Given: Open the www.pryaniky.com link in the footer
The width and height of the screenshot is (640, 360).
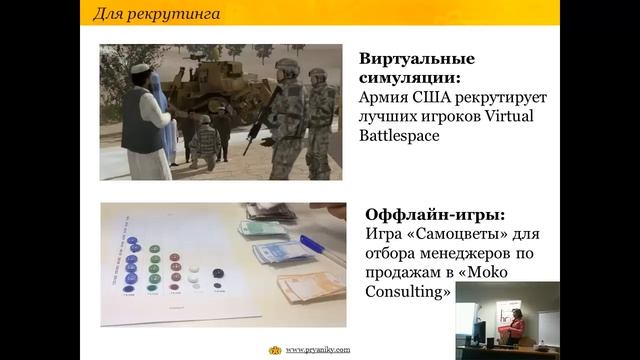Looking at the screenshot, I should tap(317, 350).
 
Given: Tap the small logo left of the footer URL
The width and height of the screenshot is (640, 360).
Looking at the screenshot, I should tap(275, 350).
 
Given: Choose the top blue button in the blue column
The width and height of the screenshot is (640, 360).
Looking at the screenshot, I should tap(132, 242).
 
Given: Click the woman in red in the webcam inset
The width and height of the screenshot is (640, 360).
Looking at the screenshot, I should tap(518, 325).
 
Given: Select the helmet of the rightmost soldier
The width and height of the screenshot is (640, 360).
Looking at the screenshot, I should tap(317, 74).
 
